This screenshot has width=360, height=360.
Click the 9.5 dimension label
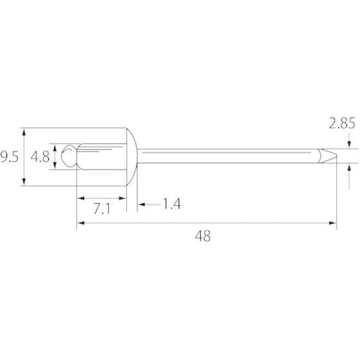pos(9,157)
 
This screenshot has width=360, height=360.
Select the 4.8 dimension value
pos(40,157)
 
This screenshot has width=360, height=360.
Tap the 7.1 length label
pos(102,209)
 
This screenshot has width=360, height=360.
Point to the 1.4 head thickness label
pos(172,204)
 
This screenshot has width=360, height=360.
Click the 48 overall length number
pos(203,236)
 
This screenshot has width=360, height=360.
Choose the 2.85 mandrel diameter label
pos(342,123)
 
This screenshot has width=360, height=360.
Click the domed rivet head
pos(132,157)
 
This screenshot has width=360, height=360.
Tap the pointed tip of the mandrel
pos(337,156)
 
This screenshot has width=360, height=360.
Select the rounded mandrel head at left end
pos(69,156)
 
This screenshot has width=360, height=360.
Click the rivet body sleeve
pos(102,157)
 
